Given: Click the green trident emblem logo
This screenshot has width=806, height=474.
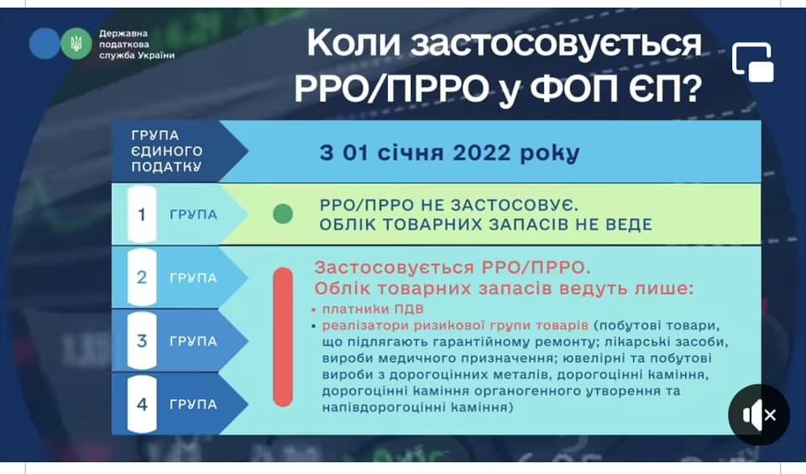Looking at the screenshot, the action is point(76,44).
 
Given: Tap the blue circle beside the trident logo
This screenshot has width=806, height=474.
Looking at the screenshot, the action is point(44,44).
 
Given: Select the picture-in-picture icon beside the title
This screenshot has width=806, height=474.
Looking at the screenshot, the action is point(753,62).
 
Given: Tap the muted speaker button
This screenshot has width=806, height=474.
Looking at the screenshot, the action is point(759,415).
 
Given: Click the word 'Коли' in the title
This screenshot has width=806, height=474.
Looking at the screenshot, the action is point(353,44).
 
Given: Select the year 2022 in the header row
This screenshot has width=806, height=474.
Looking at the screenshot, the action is point(482,153).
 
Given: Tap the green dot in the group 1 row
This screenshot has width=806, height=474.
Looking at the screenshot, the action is point(283,213).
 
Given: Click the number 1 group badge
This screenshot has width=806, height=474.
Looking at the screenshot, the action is point(142,214).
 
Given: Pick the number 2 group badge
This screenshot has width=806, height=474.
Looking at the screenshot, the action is point(142,277).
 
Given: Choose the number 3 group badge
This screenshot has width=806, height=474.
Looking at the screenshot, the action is point(142,340).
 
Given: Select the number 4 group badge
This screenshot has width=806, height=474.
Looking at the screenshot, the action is point(142,404).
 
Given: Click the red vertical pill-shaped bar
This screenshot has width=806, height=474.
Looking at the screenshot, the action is point(283,337).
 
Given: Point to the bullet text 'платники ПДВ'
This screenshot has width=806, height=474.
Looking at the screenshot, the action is point(373,308).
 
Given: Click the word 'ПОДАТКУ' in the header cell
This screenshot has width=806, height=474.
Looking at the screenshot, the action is point(166,166).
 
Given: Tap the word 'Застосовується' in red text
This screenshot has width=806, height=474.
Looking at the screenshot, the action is point(395,267).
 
